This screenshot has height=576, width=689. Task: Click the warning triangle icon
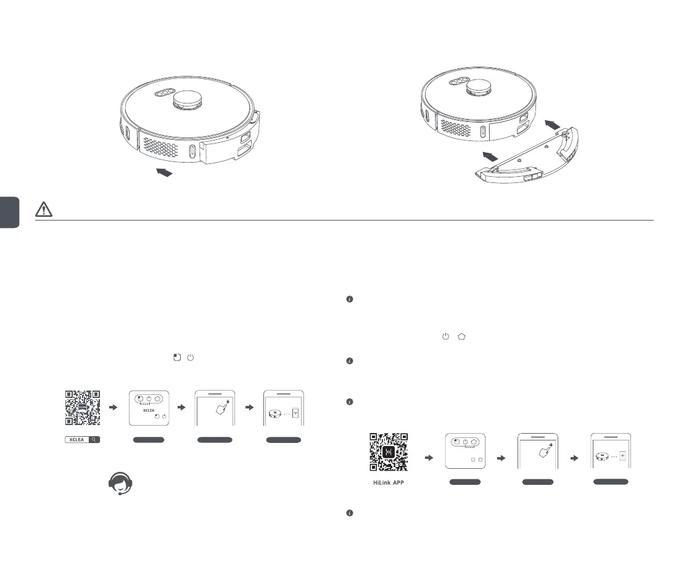coord(44,209)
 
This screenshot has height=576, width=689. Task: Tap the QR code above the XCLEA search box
coord(83,408)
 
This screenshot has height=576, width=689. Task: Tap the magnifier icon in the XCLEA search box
coord(92,440)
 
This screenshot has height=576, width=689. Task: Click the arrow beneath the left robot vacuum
coord(163,173)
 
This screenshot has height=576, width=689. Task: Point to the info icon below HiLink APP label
coord(349,513)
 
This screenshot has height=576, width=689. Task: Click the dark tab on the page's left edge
coord(10,213)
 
